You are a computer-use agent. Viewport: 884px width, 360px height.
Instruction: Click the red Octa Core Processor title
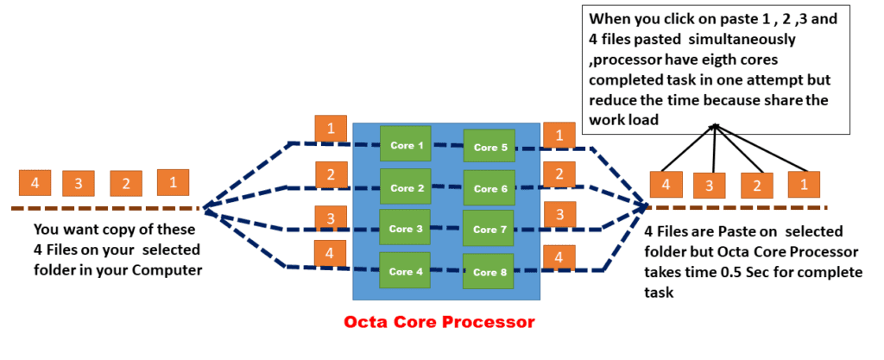[439, 322]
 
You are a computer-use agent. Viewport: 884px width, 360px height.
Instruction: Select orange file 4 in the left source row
[35, 183]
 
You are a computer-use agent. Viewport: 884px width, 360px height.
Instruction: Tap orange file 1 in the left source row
[173, 182]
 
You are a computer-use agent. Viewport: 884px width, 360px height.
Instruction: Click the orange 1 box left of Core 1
[331, 128]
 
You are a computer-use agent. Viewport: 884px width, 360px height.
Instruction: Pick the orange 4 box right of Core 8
[559, 258]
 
